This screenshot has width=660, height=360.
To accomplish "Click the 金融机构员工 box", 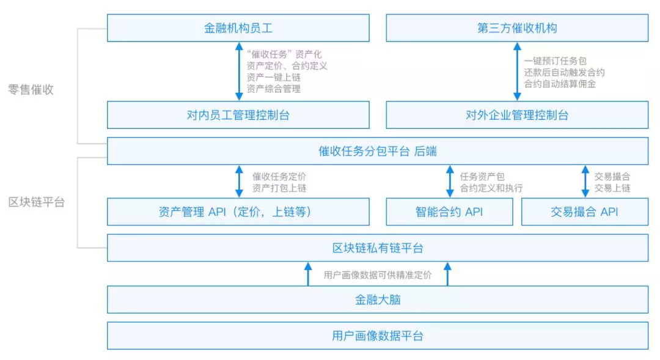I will pyautogui.click(x=238, y=28).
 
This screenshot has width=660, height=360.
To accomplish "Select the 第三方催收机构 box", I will pyautogui.click(x=517, y=28).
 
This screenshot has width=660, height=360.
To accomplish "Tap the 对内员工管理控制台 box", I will pyautogui.click(x=238, y=115).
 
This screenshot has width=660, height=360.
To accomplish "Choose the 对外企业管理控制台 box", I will pyautogui.click(x=517, y=115).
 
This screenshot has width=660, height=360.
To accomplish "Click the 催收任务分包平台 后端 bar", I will pyautogui.click(x=378, y=151).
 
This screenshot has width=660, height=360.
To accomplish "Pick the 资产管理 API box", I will pyautogui.click(x=238, y=212).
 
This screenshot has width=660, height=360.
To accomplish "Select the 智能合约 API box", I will pyautogui.click(x=449, y=212).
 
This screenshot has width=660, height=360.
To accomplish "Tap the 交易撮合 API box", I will pyautogui.click(x=584, y=212).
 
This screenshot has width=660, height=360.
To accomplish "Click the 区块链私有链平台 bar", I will pyautogui.click(x=378, y=248).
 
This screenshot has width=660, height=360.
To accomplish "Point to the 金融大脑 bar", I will pyautogui.click(x=378, y=300).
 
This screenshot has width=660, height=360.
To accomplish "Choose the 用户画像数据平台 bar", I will pyautogui.click(x=378, y=336).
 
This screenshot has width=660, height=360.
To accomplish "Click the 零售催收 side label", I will pyautogui.click(x=31, y=89).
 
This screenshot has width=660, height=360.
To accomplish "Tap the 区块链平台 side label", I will pyautogui.click(x=37, y=202).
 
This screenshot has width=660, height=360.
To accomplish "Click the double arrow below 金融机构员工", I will pyautogui.click(x=239, y=72).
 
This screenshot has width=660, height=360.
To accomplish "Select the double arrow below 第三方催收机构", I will pyautogui.click(x=517, y=72).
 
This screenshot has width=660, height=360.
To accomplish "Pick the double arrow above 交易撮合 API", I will pyautogui.click(x=585, y=182).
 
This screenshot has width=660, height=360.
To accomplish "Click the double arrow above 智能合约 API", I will pyautogui.click(x=449, y=182).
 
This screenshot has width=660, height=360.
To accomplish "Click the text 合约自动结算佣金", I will pyautogui.click(x=560, y=84).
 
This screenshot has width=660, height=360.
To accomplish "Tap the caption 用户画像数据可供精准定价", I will pyautogui.click(x=377, y=274).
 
